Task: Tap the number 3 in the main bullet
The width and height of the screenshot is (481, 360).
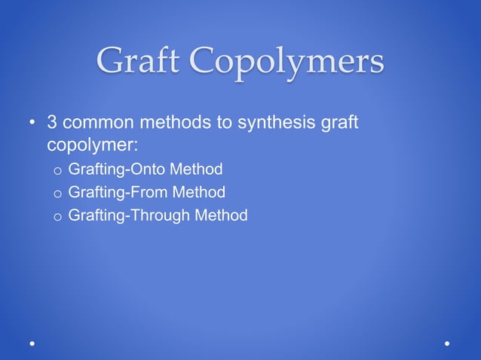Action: pyautogui.click(x=53, y=122)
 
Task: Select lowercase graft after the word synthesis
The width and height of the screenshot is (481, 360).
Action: pyautogui.click(x=340, y=123)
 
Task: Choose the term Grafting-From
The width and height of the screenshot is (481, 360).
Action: pyautogui.click(x=118, y=192)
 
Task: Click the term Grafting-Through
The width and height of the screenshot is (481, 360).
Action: pyautogui.click(x=129, y=216)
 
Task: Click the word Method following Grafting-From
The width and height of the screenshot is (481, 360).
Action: pyautogui.click(x=199, y=192)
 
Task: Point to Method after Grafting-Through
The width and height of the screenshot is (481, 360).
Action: pyautogui.click(x=221, y=216)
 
